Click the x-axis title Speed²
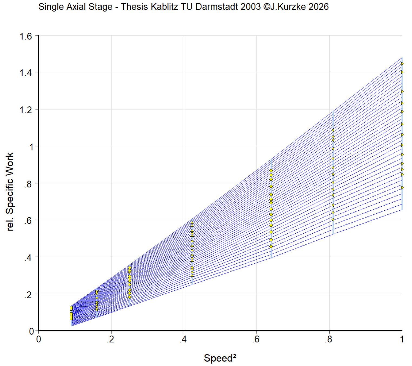220,358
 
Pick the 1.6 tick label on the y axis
26,36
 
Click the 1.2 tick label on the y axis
26,110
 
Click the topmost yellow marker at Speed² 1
402,64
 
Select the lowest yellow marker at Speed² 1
402,187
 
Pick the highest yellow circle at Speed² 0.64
271,171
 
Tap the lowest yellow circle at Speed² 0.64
271,247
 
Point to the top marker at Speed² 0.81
333,130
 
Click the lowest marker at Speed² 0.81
333,220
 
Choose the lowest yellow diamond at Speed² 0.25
130,297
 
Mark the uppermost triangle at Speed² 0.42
192,223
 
